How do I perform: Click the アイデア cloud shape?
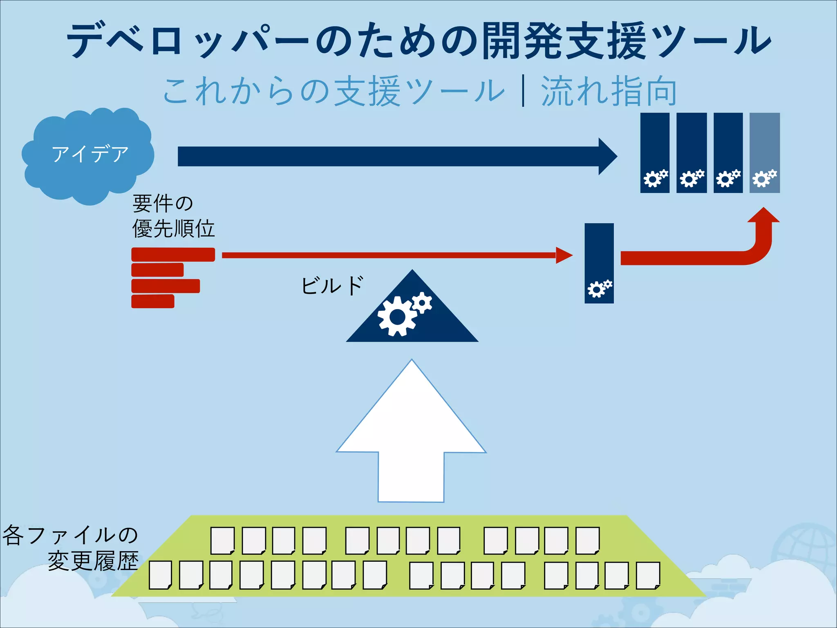point(88,155)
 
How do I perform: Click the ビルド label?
point(332,285)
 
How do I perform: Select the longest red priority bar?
point(173,254)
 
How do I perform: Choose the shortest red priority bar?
point(153,301)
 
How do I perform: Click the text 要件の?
point(163,203)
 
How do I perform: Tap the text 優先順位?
point(173,229)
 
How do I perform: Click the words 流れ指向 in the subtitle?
point(609,92)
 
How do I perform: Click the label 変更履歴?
point(93,561)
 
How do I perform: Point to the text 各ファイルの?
point(70,535)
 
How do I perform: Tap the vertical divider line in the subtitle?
point(523,92)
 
